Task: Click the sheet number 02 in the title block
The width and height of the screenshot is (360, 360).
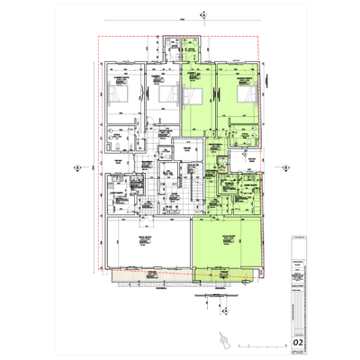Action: (298, 342)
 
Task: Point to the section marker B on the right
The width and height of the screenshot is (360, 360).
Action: (281, 166)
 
